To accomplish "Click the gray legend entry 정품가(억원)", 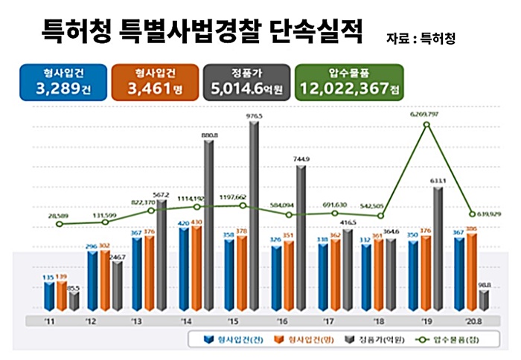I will (368, 340).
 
